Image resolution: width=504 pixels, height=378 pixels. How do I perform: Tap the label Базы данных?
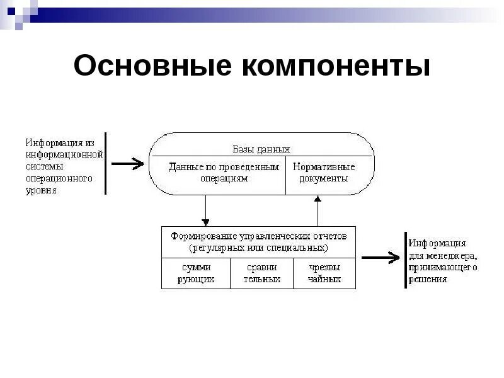pyautogui.click(x=261, y=149)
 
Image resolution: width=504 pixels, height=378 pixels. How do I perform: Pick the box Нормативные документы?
pyautogui.click(x=324, y=173)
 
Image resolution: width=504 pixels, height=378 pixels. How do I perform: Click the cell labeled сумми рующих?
pyautogui.click(x=195, y=273)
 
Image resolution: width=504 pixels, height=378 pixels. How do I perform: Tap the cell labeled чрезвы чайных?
pyautogui.click(x=324, y=273)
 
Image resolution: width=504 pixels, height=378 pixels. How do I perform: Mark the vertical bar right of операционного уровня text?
pyautogui.click(x=106, y=163)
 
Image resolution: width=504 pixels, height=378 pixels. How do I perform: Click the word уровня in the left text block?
pyautogui.click(x=40, y=190)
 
